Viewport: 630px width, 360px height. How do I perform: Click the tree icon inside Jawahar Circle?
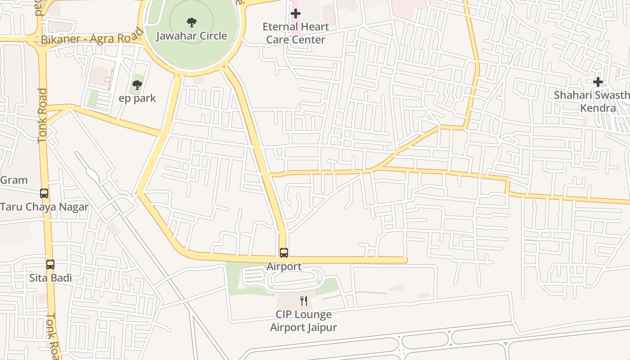[x=191, y=22]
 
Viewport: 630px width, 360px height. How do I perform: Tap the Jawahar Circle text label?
[x=192, y=36]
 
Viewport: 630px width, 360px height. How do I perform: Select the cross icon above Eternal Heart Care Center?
[x=296, y=13]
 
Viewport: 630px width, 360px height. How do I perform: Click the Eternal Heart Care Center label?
[x=296, y=33]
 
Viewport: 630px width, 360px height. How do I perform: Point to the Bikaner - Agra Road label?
[x=92, y=39]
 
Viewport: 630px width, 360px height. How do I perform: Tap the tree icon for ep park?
[x=137, y=85]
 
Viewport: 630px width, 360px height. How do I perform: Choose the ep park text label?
[x=137, y=98]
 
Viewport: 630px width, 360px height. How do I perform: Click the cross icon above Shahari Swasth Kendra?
[x=598, y=82]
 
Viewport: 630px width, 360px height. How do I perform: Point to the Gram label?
[x=14, y=180]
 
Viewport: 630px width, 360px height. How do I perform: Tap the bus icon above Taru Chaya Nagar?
[x=44, y=193]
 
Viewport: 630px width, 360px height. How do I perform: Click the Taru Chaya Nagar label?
[x=44, y=207]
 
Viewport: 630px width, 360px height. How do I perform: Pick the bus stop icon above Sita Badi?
[x=50, y=265]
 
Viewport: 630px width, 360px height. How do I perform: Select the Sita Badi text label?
[x=50, y=278]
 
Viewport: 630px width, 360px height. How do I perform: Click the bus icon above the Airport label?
[x=283, y=253]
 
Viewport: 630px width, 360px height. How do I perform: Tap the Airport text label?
[x=284, y=266]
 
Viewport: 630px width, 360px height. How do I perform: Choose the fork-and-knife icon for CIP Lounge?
[x=304, y=301]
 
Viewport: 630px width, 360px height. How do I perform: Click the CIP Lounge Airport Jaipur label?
[x=303, y=321]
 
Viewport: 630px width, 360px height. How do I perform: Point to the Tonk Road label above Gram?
[x=42, y=116]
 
